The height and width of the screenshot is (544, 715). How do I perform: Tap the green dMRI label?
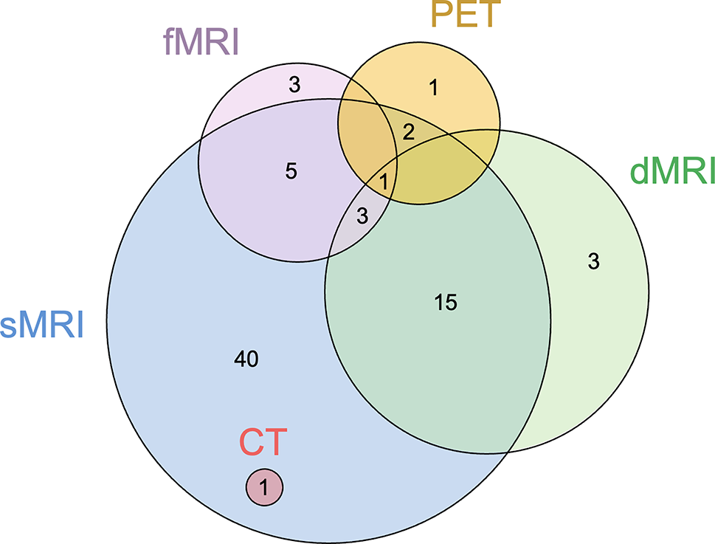click(672, 171)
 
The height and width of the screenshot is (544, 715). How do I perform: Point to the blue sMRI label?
click(42, 325)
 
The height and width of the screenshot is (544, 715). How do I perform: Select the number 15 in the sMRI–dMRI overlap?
click(446, 302)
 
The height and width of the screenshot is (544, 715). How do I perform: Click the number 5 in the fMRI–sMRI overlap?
click(291, 171)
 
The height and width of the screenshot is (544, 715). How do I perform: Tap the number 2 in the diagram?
click(408, 132)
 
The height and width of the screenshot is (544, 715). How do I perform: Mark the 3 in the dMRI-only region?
click(593, 261)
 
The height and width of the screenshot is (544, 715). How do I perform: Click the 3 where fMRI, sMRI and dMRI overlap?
click(362, 216)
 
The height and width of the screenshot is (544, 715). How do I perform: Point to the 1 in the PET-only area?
click(433, 88)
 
